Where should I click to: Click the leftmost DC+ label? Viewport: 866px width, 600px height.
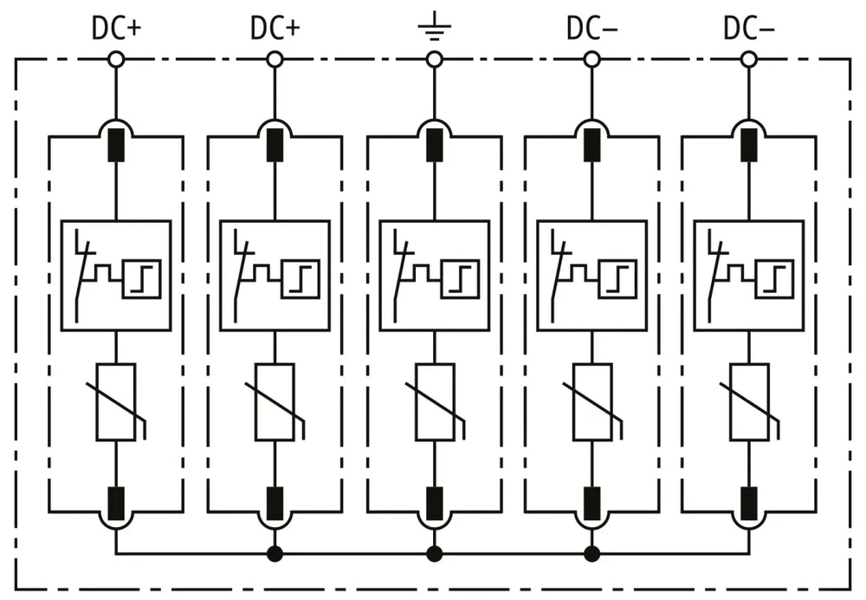(117, 28)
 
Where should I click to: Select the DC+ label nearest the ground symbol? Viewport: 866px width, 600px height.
(275, 28)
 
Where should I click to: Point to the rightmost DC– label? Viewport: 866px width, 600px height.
(749, 28)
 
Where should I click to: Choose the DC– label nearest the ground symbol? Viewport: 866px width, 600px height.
(592, 28)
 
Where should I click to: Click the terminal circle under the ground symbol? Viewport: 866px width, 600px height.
(435, 59)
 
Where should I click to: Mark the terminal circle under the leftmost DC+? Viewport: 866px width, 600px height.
(116, 59)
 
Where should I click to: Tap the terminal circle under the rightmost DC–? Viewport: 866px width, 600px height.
(749, 59)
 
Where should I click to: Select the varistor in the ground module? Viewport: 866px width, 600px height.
(436, 402)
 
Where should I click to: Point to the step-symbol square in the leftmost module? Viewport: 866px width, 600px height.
(141, 278)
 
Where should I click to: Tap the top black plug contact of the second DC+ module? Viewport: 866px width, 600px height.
(275, 145)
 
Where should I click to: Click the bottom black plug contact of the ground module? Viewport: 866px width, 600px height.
(435, 504)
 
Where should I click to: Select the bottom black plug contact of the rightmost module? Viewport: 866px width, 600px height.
(749, 504)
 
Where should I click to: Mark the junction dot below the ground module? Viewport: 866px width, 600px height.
(435, 553)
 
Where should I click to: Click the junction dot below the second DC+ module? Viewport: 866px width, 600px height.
(275, 553)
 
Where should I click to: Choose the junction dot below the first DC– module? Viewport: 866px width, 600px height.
(592, 553)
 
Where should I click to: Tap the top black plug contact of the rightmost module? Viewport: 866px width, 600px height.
(749, 145)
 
